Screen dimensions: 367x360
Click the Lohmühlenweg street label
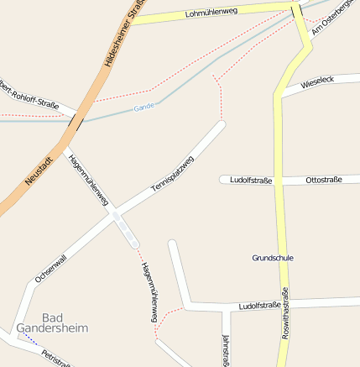click(211, 13)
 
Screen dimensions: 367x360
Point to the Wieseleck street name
click(317, 81)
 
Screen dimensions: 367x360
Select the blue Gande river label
click(143, 108)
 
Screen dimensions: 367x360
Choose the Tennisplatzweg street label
click(172, 178)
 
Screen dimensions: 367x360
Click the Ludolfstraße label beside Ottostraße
click(251, 180)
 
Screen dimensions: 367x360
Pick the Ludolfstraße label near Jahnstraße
click(259, 306)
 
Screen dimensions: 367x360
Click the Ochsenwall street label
click(50, 262)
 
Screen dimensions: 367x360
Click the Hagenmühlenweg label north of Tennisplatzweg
click(89, 179)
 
